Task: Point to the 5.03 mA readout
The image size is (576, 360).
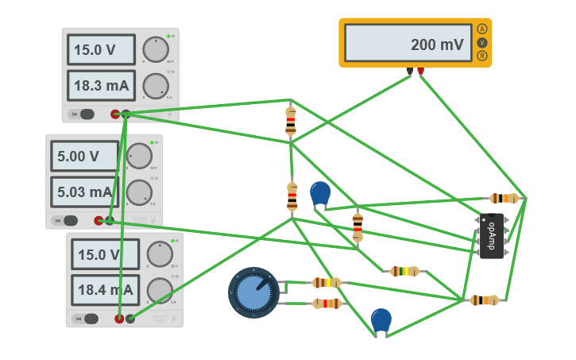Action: point(84,192)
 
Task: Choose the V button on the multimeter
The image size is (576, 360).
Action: point(481,42)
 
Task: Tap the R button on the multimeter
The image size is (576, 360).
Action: point(481,56)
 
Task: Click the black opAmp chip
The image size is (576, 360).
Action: point(491,235)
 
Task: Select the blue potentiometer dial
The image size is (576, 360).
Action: point(253,292)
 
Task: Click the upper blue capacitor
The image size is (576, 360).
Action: point(320,193)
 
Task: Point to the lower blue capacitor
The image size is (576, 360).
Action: point(381,319)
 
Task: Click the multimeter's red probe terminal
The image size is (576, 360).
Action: point(420,72)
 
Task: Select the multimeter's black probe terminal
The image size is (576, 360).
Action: point(410,72)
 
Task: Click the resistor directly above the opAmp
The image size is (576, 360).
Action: point(504,198)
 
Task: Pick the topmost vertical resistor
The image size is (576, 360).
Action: point(291,120)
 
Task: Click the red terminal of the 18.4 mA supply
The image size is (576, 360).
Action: point(119,319)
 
